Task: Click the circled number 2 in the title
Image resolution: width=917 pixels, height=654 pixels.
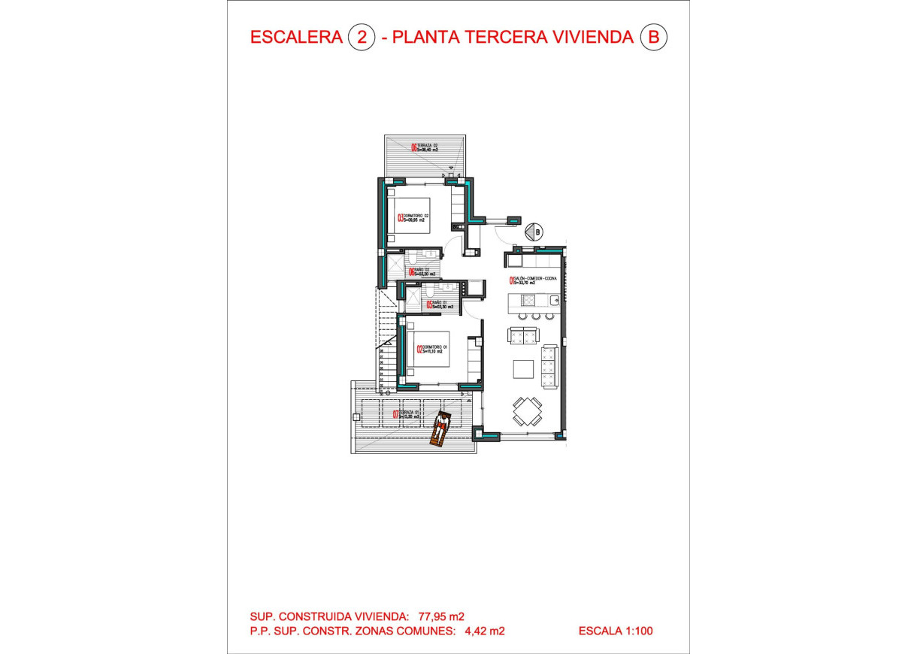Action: tap(362, 38)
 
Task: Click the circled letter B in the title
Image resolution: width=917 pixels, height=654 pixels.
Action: tap(652, 38)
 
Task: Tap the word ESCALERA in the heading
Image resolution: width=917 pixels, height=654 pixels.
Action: tap(296, 38)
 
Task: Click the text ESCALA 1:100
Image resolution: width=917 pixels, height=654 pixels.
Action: tap(616, 631)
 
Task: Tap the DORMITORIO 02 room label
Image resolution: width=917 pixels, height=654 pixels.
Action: tap(414, 218)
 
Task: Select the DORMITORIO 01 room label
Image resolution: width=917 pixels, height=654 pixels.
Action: tap(433, 348)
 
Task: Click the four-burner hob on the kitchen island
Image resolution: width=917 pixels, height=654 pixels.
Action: tap(528, 301)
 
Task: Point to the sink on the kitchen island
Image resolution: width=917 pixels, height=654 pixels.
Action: tap(553, 301)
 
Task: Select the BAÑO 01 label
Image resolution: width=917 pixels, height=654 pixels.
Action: tap(438, 304)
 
